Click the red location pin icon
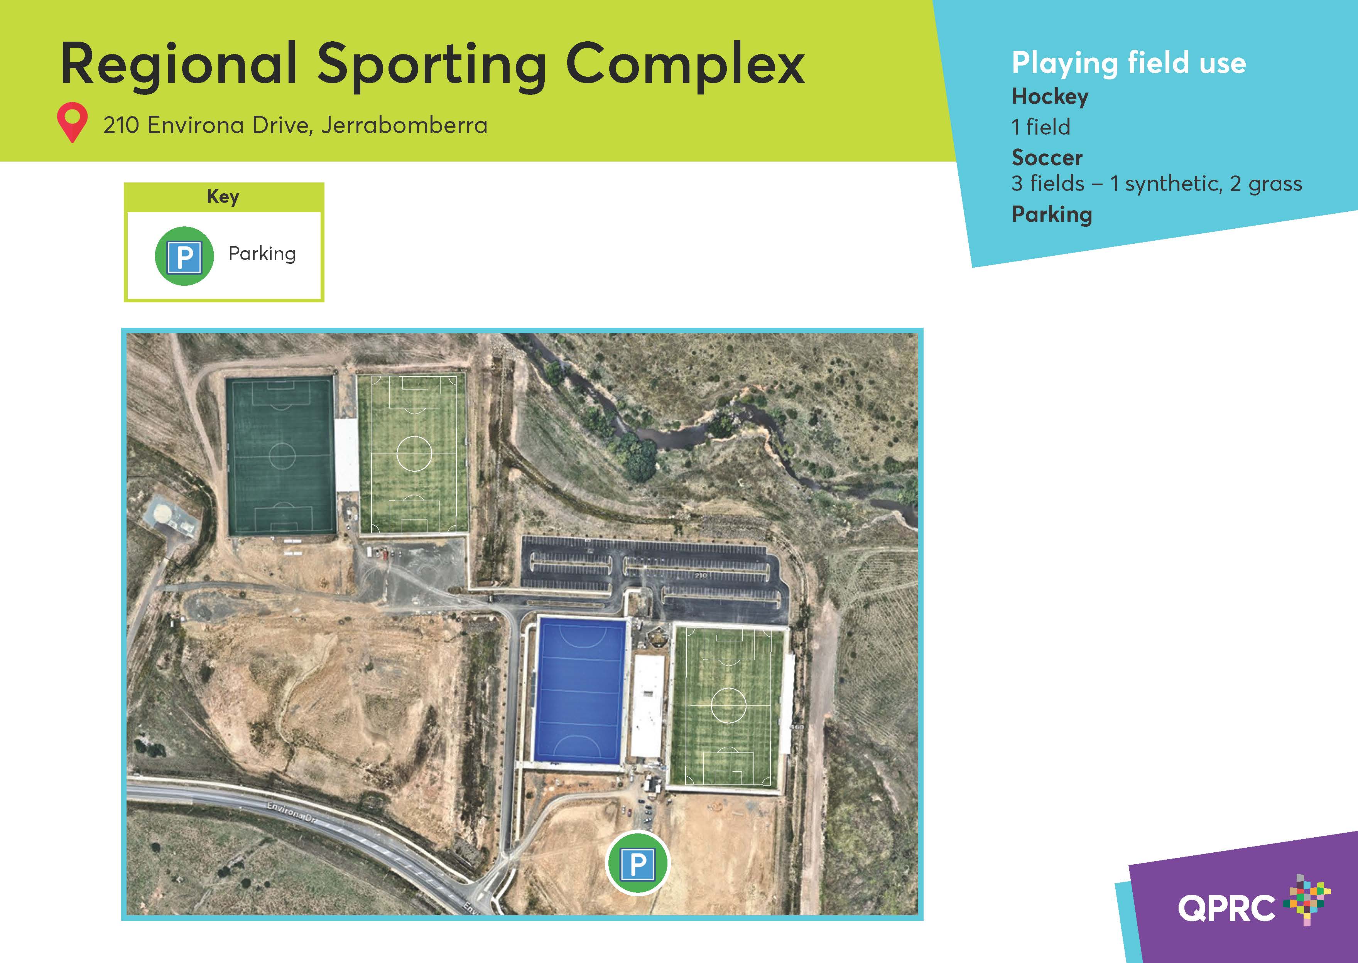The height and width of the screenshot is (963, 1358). click(73, 122)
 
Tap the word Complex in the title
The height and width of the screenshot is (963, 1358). click(686, 65)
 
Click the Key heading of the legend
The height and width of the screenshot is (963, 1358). click(223, 196)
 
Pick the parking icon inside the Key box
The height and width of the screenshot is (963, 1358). click(184, 256)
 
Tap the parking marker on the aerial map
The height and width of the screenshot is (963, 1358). click(637, 863)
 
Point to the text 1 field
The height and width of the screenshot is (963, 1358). click(1041, 127)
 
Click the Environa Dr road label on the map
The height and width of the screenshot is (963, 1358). click(292, 811)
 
